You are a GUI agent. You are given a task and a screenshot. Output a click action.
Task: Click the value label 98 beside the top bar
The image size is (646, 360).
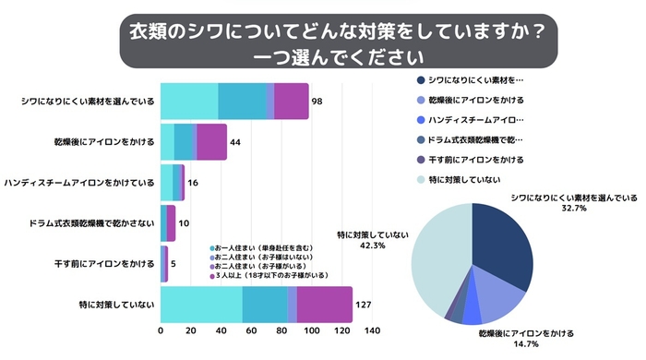click(x=317, y=101)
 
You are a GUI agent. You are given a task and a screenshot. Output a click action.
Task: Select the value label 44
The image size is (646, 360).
click(x=235, y=142)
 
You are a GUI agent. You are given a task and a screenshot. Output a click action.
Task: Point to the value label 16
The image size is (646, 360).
click(x=193, y=183)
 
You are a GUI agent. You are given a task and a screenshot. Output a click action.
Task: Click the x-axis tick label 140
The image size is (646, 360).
click(x=373, y=331)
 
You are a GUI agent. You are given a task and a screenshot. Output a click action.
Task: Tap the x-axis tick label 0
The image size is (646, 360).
click(x=161, y=331)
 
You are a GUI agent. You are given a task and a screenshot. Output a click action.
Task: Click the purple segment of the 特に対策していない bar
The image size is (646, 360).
click(x=325, y=305)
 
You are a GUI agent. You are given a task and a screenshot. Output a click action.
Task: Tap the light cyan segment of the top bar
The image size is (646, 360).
click(x=189, y=101)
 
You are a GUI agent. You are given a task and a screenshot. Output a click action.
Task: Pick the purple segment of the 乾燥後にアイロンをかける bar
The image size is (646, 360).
click(x=212, y=142)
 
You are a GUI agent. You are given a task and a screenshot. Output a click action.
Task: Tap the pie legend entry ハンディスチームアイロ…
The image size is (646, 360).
click(x=476, y=120)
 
